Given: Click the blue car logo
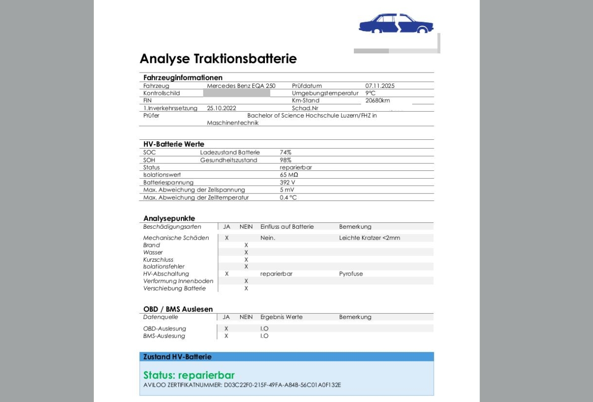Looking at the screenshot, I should [x=396, y=23].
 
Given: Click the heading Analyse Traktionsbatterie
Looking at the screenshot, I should [x=218, y=59].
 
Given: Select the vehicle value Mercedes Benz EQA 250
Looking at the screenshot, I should [x=241, y=86].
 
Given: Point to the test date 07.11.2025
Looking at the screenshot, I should [x=380, y=86].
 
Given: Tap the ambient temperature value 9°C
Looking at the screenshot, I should [x=371, y=93].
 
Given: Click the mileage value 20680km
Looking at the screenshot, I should [x=378, y=100].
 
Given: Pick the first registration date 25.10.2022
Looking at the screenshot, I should [x=222, y=108].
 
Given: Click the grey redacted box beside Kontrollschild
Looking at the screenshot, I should [x=237, y=93].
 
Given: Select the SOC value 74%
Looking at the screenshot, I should [x=286, y=153].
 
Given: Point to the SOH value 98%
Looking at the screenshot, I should [x=286, y=160].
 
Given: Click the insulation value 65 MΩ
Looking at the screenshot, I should [x=289, y=175].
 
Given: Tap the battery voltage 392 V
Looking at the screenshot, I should [x=287, y=182].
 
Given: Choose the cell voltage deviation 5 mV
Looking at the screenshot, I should [x=287, y=190].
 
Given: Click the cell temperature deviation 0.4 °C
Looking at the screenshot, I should [x=288, y=198].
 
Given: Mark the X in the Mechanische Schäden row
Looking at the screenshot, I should [x=227, y=238].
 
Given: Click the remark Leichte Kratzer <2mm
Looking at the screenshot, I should [x=370, y=238].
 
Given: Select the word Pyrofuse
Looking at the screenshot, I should [x=351, y=274].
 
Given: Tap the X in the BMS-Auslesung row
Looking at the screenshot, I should [x=226, y=336].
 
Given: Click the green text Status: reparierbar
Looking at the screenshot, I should [x=189, y=375].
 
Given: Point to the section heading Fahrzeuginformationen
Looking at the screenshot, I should [x=183, y=78].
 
